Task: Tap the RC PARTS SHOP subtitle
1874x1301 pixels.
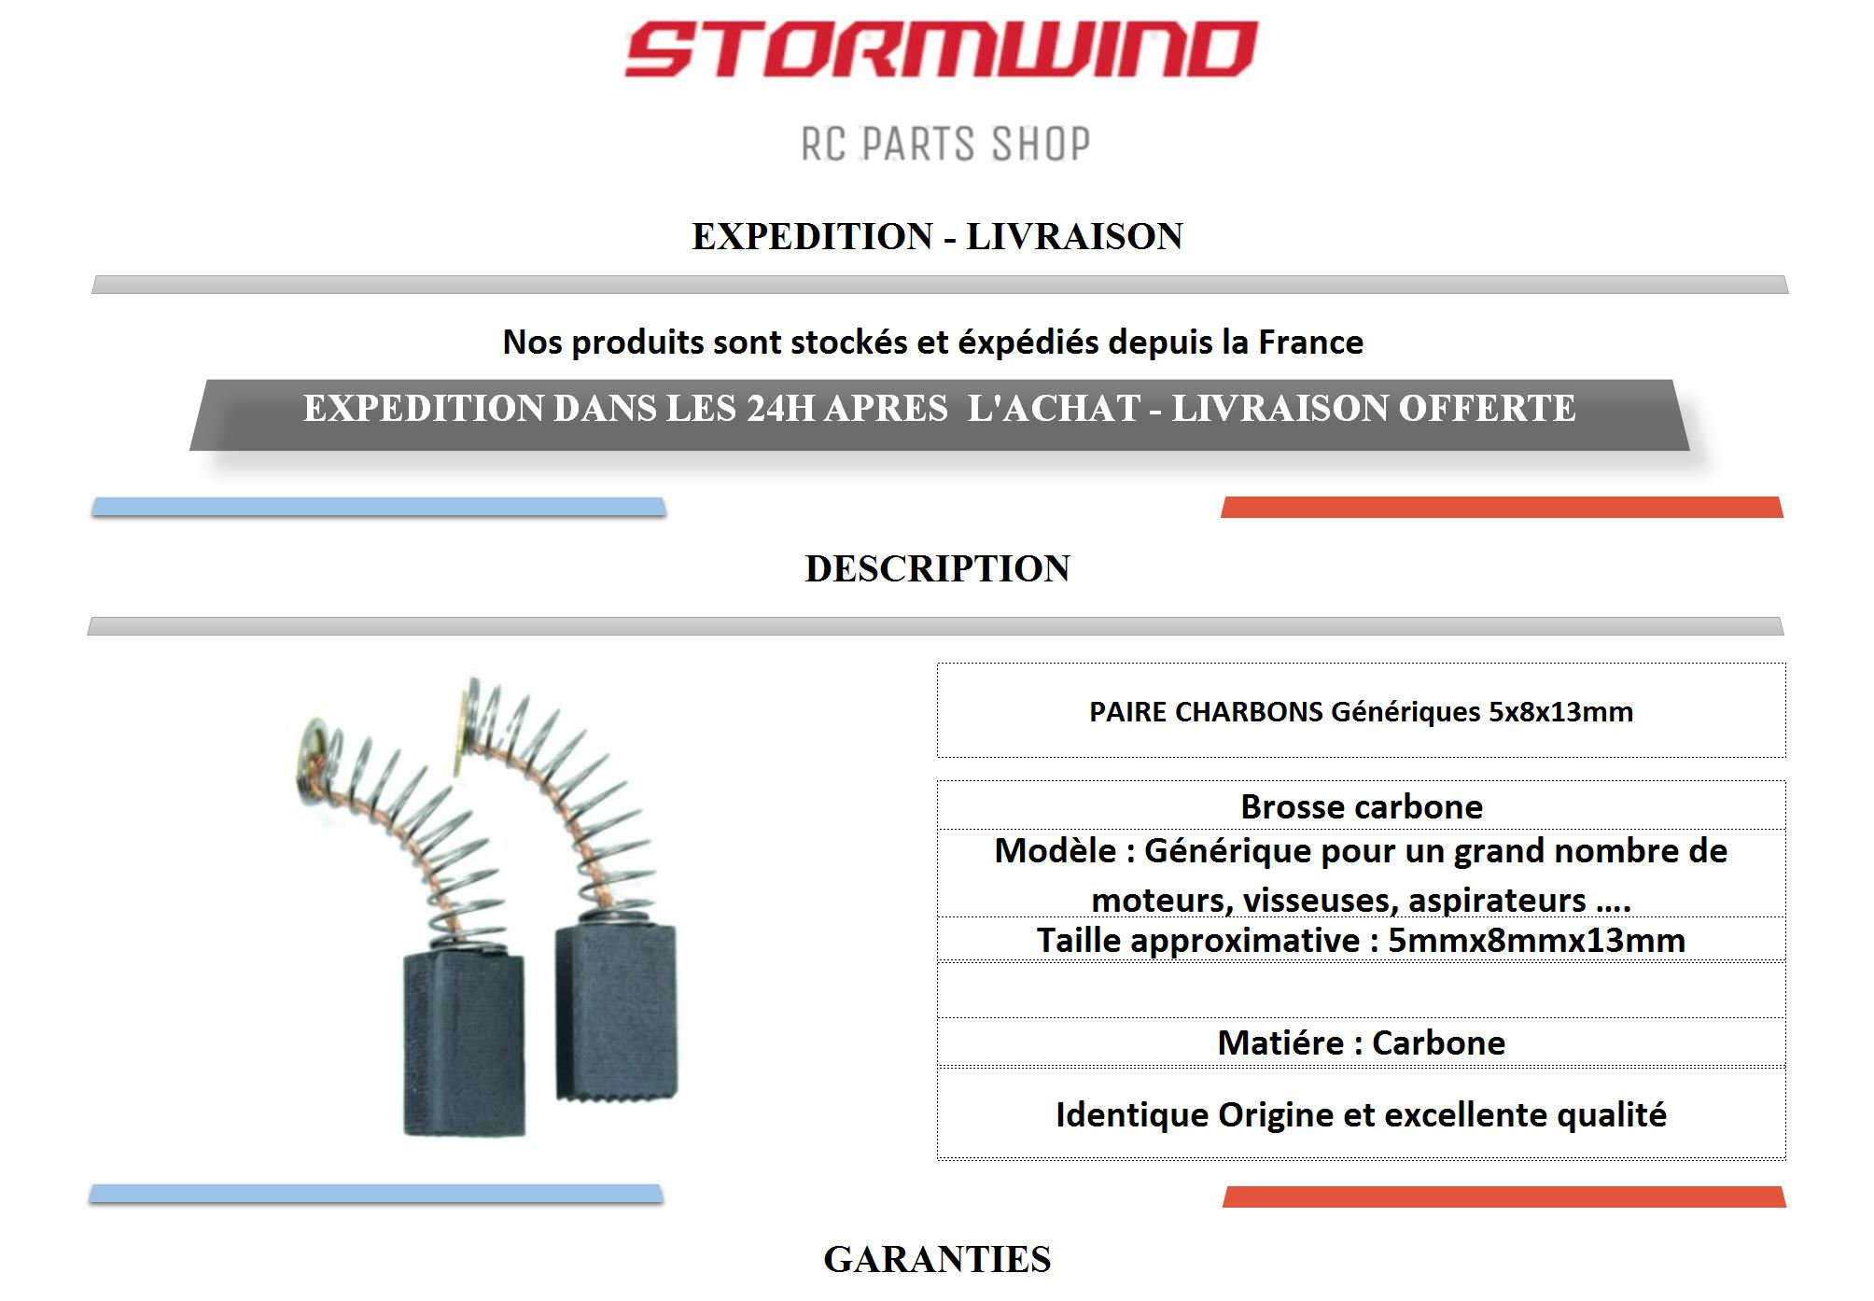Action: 945,144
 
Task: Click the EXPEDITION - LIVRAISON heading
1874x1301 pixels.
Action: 937,236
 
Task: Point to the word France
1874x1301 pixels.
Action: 1310,343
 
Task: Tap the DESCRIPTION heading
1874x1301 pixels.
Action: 937,568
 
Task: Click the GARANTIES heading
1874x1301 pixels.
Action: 937,1259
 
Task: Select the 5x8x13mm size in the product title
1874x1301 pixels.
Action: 1560,712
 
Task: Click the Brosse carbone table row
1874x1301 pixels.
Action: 1361,806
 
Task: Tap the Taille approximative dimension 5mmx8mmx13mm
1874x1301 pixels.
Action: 1536,940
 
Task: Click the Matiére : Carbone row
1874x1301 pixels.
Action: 1361,1042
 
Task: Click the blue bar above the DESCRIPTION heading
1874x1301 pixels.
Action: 379,508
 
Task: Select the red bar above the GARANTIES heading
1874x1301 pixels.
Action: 1503,1197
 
